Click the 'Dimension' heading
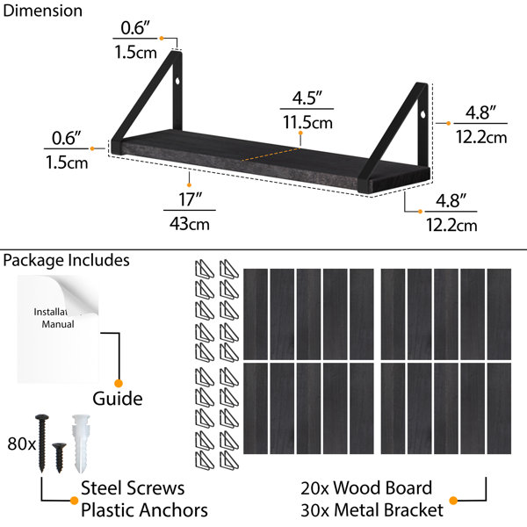coord(43,11)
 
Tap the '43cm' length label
coord(190,224)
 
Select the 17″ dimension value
coord(190,199)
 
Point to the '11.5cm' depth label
coord(307,122)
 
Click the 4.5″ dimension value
coord(307,97)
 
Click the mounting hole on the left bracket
coord(177,81)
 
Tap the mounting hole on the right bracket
coord(422,114)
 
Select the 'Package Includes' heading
coord(66,261)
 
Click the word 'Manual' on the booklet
coord(58,324)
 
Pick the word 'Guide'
coord(118,399)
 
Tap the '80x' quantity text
coord(21,444)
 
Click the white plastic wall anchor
coord(81,444)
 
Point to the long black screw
coord(42,443)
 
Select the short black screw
coord(59,458)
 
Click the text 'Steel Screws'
coord(133,488)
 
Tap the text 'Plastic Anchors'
coord(144,509)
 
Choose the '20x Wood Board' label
coord(366,488)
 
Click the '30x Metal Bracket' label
coord(372,509)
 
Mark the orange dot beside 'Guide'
coord(119,384)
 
